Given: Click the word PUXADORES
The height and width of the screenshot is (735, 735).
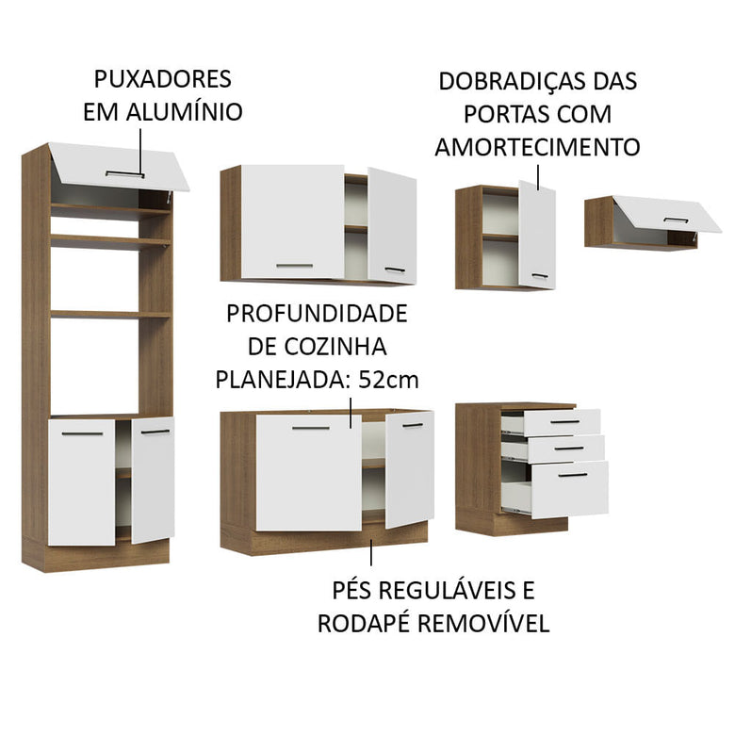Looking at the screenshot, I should pos(162,78).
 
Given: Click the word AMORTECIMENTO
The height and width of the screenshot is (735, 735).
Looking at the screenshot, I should pos(537,148).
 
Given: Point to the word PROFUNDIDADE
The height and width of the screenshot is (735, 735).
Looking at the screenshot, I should pos(316,313).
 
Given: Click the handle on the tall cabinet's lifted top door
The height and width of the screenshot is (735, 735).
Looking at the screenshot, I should pos(124,174).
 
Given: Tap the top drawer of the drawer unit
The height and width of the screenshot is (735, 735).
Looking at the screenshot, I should pos(563,422).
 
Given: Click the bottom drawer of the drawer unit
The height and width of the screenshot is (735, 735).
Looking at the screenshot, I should pos(569,489).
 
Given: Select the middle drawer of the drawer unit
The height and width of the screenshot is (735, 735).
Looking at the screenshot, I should pos(565,449).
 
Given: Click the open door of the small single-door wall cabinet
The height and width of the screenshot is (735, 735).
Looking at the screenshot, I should pos(537,236).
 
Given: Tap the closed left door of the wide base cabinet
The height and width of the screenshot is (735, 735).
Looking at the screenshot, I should pos(309,471).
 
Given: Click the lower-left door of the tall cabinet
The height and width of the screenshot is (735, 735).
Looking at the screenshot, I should pos(82,482).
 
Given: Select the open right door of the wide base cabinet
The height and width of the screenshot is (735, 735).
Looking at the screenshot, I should pos(410,468).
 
